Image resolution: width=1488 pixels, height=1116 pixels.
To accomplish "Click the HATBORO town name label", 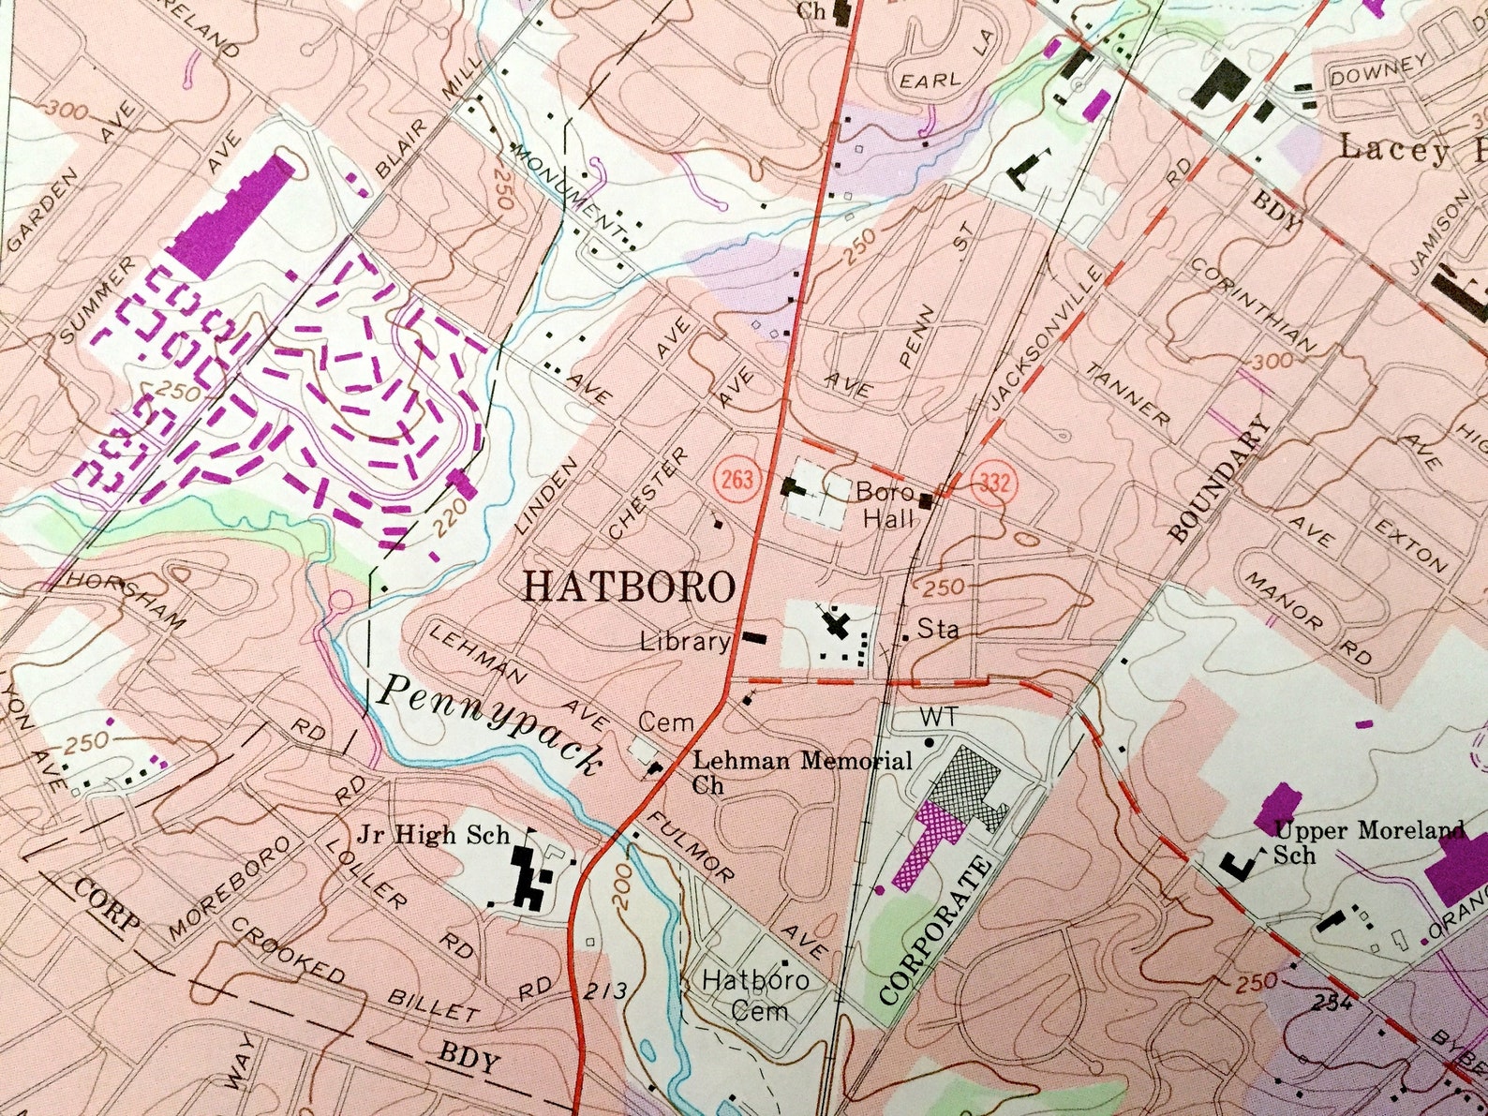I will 629,588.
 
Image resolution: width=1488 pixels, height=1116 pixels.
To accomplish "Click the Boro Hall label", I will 882,504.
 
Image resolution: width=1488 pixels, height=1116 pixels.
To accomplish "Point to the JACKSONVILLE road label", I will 1042,338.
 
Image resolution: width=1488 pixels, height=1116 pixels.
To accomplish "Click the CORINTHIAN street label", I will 1255,306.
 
